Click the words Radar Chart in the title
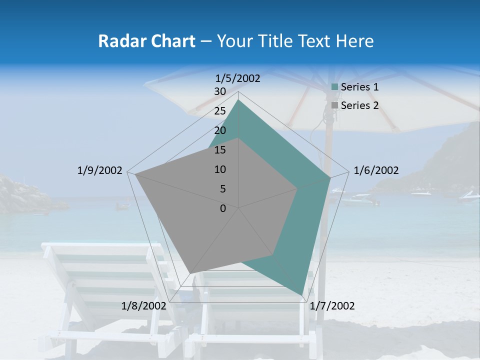pos(146,41)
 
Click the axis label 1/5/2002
pos(237,78)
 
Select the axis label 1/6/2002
pos(376,170)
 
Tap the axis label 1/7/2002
pos(332,306)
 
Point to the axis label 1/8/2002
pos(143,306)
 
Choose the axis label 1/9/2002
pos(99,170)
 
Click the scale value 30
pos(219,91)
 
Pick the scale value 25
pos(219,111)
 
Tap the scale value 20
pos(219,130)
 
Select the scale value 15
pos(219,150)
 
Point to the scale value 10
pos(219,169)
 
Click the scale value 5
pos(222,189)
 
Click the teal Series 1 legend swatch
pos(334,87)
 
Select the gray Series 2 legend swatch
pos(334,105)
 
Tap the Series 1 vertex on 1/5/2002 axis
pos(238,100)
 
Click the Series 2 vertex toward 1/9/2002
pos(135,174)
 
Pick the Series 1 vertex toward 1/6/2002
pos(330,177)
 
